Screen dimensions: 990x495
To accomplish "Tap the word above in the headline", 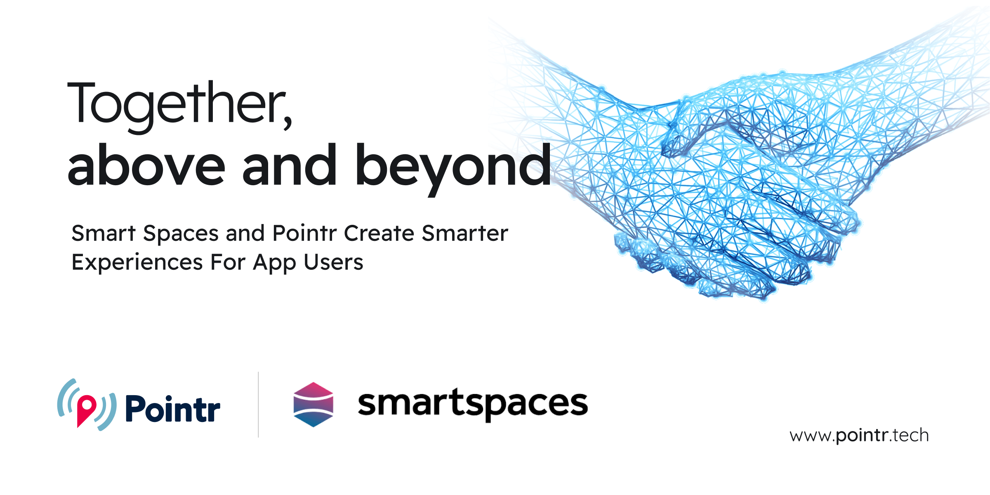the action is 146,165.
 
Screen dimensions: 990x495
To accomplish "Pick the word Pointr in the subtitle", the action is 305,233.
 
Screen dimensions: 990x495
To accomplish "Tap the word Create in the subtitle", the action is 379,233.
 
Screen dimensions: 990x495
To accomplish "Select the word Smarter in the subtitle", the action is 465,233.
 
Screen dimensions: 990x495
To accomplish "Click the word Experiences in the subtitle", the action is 137,263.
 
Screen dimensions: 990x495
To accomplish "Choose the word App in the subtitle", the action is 274,263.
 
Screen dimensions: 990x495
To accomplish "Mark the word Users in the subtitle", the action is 333,262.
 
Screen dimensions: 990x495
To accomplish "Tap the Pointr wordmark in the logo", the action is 173,408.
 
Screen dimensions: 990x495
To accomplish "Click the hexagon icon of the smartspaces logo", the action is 313,404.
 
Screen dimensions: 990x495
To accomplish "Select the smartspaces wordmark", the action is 473,405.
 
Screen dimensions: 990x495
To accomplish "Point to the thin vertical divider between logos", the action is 258,404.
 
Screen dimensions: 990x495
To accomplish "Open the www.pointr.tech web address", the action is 859,436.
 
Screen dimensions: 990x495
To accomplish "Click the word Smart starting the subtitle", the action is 104,233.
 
